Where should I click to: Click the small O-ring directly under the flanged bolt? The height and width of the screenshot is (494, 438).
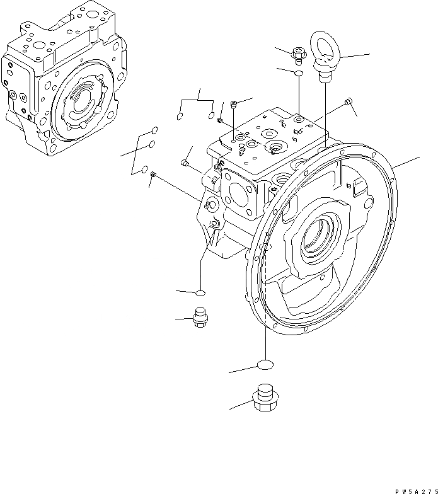coord(298,74)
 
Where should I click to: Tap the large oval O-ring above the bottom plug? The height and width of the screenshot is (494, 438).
coord(265,365)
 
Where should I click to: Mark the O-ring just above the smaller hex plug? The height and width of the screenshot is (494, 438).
coord(200,292)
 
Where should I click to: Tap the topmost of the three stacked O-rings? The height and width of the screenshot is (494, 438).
coord(153,131)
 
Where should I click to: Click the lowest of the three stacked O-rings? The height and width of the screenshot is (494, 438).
coord(145,169)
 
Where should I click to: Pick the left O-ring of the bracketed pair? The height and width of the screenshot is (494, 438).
coord(179,116)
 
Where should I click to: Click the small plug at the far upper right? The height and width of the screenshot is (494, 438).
coord(349,102)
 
